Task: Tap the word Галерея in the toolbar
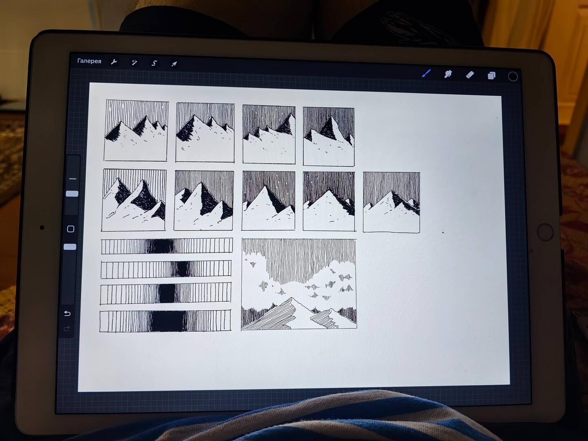(x=89, y=61)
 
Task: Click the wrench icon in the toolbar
(x=114, y=62)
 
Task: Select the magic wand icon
(x=134, y=63)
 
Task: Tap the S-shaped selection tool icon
(x=154, y=63)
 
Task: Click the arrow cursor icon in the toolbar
(x=174, y=64)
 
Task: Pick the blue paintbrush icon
(x=426, y=73)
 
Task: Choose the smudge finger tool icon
(x=448, y=74)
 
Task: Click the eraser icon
(x=470, y=75)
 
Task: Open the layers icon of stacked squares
(x=492, y=76)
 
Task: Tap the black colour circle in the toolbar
(x=513, y=77)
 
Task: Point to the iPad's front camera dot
(x=42, y=227)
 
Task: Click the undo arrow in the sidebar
(x=67, y=313)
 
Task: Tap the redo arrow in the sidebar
(x=67, y=328)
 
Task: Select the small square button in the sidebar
(x=71, y=229)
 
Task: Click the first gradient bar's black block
(x=161, y=246)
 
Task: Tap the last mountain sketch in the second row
(x=391, y=203)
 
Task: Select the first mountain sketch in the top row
(x=136, y=130)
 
